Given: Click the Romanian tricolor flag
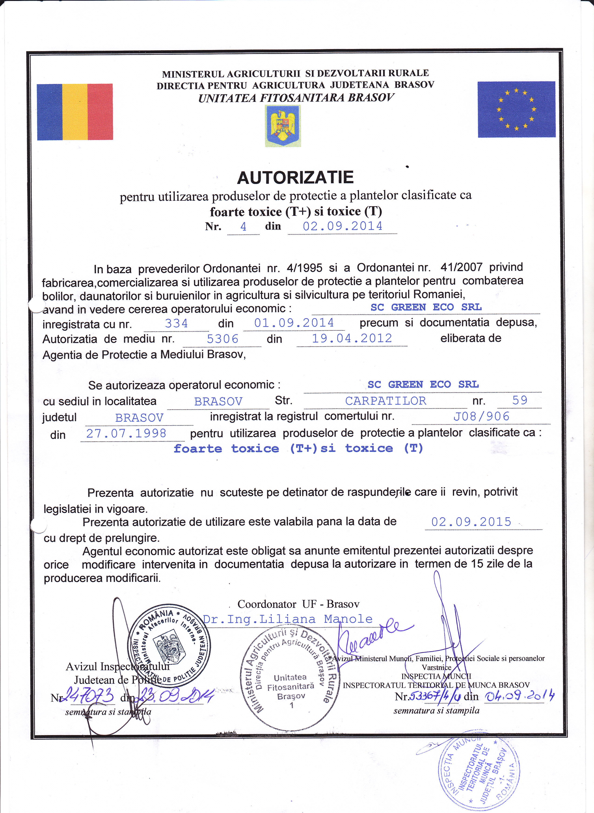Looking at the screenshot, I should coord(75,112).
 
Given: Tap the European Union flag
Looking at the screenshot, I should coord(516,109).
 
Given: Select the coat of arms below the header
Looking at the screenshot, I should coord(283,126).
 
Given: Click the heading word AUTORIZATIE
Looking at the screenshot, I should coord(295,177).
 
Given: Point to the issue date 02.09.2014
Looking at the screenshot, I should coord(342,226).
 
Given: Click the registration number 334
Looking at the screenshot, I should coord(176,323).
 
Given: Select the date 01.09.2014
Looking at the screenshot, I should coord(294,323).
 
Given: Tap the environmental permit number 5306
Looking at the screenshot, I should coord(223,339).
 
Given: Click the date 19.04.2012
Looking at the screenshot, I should coord(352,338).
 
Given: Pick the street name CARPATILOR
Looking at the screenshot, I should coord(385,401).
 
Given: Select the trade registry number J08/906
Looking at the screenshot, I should coord(481,416).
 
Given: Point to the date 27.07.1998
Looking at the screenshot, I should coord(126,433).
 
